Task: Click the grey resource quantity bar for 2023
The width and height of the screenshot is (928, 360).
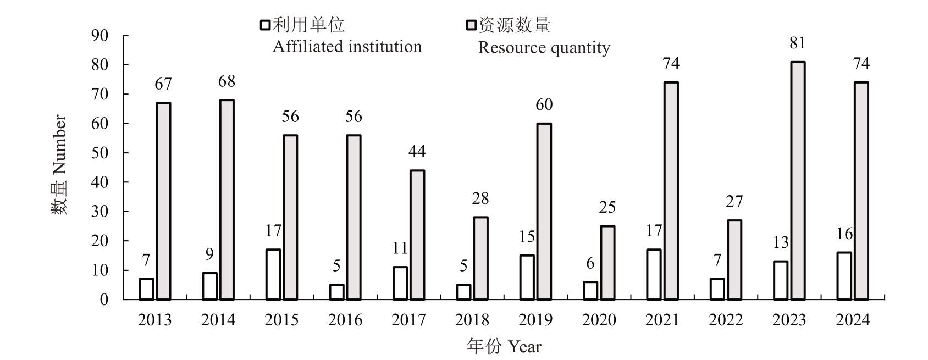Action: click(798, 181)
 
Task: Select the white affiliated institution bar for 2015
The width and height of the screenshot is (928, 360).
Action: click(273, 275)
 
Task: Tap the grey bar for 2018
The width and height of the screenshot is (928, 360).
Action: click(480, 258)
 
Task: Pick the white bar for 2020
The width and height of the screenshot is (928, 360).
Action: click(590, 291)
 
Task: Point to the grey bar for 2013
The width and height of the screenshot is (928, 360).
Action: click(163, 201)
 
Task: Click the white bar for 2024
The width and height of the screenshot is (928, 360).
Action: click(844, 276)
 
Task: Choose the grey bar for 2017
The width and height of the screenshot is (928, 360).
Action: click(417, 235)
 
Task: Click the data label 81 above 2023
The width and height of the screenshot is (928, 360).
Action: click(798, 43)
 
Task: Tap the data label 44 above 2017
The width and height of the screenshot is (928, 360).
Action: click(417, 152)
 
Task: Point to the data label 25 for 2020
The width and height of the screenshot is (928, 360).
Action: click(607, 208)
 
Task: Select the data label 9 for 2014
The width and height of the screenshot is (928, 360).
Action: click(209, 254)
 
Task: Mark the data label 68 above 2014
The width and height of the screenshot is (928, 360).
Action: click(227, 82)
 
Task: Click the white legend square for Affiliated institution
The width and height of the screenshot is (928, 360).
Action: click(266, 25)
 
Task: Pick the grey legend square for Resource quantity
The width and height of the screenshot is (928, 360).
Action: click(471, 25)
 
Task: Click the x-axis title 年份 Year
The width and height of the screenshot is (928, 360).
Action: click(504, 347)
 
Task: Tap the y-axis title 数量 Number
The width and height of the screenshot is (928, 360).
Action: click(59, 165)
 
